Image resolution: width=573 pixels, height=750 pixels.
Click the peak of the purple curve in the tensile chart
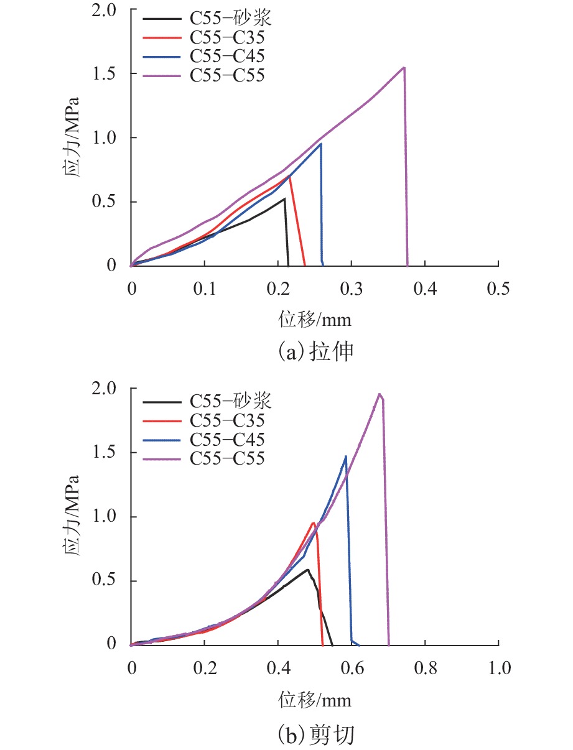tap(404, 68)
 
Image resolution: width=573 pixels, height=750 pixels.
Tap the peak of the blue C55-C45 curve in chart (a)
tap(321, 144)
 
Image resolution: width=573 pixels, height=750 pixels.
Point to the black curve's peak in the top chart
tap(284, 199)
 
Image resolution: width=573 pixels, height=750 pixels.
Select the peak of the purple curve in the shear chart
tap(379, 394)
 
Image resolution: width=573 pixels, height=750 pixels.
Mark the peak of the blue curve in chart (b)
tap(345, 456)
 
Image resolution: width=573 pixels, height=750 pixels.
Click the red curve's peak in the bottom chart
tap(313, 523)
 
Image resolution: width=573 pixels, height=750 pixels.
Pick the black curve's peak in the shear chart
tap(307, 570)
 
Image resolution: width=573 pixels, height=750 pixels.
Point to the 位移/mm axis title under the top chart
tap(315, 320)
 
